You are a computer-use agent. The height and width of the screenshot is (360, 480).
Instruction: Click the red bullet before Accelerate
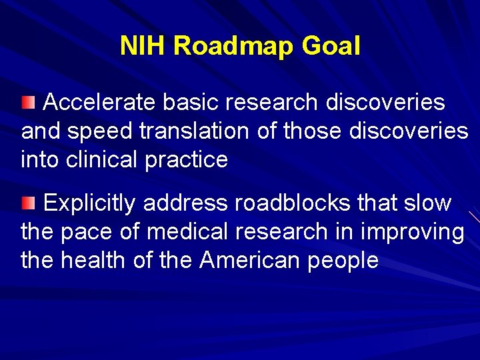click(x=27, y=102)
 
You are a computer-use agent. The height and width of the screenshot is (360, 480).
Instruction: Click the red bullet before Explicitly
click(x=27, y=202)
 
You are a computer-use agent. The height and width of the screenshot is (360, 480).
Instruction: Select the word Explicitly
click(x=90, y=203)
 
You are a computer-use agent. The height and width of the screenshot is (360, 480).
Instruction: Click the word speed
click(x=103, y=132)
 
